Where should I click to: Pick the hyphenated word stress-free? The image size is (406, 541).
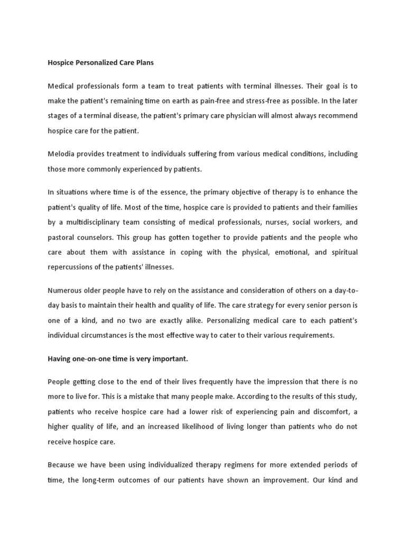click(247, 100)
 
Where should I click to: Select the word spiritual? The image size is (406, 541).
click(342, 252)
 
